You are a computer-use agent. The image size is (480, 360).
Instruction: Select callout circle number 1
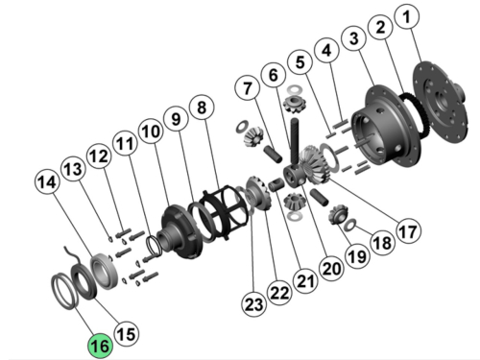410,17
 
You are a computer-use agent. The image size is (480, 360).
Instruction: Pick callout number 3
355,38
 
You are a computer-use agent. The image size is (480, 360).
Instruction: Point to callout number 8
201,106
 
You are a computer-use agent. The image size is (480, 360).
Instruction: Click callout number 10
149,131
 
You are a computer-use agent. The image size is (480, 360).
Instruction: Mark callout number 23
253,306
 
